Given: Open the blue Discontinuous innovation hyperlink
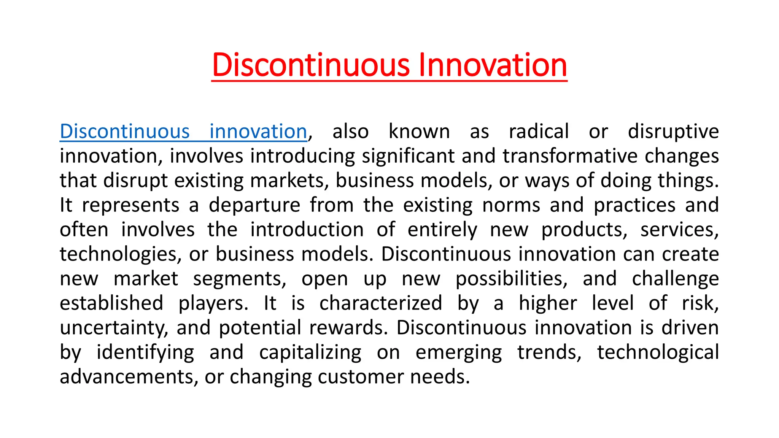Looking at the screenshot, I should coord(183,132).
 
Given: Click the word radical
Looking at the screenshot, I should coord(539,132).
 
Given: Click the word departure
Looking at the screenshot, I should coord(254,205).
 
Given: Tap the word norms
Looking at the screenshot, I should coord(511,205).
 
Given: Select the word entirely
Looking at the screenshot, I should coord(442,230).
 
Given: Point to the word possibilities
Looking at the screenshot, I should coord(512,279).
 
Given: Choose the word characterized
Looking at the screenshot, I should coord(381,303).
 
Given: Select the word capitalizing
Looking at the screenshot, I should coord(310,352).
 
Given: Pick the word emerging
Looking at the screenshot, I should coord(459,352).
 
